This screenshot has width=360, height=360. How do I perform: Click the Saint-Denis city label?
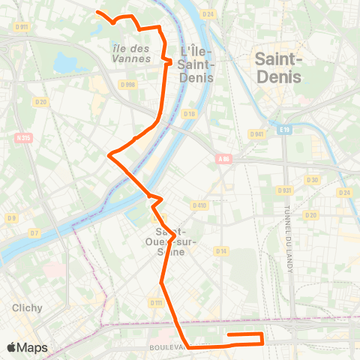pos(278,67)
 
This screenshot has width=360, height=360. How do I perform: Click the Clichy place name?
pos(27,307)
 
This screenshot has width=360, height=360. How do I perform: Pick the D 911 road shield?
pos(21,28)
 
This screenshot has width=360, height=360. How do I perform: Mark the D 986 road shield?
pos(128,85)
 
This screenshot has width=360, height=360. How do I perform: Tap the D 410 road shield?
pos(199,205)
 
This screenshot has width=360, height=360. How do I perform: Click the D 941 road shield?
pos(256,134)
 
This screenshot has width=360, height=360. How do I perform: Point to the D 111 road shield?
pos(156,302)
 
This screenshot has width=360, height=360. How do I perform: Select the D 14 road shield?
pos(221,250)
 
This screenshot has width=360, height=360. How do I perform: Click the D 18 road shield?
pos(189,113)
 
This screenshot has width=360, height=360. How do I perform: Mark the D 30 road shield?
pos(313,180)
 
